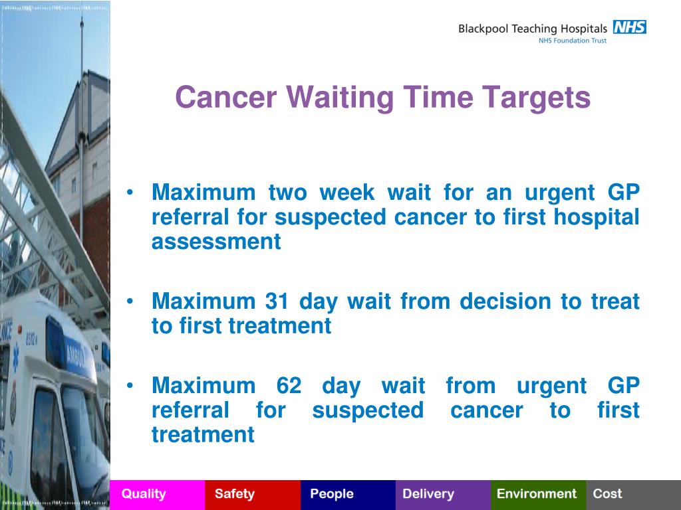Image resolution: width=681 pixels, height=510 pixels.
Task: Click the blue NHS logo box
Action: pos(629,27)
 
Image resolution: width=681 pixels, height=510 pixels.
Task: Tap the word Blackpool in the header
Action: pos(483,29)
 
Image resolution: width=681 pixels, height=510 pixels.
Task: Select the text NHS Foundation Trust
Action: pos(573,41)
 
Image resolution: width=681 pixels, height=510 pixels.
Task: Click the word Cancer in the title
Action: pos(226,97)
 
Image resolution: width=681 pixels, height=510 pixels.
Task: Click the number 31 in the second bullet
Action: pos(277,301)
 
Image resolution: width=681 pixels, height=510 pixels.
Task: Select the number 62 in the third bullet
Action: pos(289,385)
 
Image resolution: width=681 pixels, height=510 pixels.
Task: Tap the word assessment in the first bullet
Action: pos(216,242)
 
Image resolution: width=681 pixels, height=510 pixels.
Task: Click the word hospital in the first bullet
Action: pos(597,217)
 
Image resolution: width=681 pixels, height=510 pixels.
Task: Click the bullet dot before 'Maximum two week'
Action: pos(130,193)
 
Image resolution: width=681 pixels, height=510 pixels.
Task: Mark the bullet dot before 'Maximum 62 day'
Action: pos(130,385)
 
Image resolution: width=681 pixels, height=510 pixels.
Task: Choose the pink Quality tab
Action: pos(157,495)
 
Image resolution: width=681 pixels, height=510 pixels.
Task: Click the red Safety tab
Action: pos(253,495)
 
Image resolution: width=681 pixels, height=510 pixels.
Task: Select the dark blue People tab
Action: pos(348,495)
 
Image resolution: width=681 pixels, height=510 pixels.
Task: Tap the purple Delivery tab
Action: pos(443,495)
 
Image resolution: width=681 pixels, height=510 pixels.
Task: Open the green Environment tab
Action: pos(539,495)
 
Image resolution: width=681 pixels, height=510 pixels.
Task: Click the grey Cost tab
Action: pos(634,495)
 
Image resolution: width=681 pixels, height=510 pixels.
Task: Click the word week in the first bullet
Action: pos(347,192)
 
